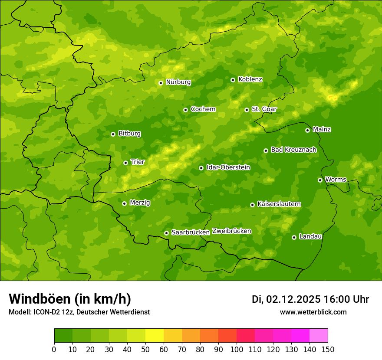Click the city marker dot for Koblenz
pos(233,80)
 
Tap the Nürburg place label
pos(178,82)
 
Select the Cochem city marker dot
pos(186,110)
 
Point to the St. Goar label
pos(264,109)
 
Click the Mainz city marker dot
pos(308,130)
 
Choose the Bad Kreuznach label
pos(293,150)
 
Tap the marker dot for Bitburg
pos(113,134)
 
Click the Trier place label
pos(137,162)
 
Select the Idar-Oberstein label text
pos(228,167)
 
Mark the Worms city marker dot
pos(320,180)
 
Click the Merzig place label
pos(140,203)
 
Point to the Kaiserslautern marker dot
pos(253,205)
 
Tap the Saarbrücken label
pos(191,232)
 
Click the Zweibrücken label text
pos(232,231)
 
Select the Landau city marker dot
pos(294,237)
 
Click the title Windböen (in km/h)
pos(70,299)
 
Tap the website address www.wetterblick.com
pos(313,312)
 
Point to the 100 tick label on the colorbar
pos(237,349)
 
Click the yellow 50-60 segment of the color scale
pos(155,336)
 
